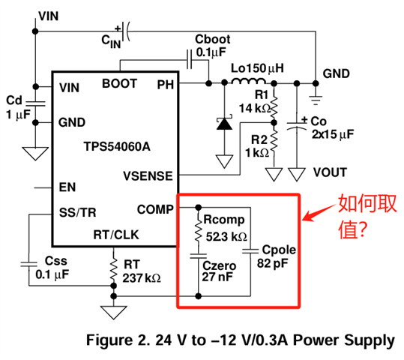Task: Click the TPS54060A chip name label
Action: click(x=117, y=146)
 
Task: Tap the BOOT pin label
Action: click(x=119, y=83)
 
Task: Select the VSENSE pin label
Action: click(x=148, y=176)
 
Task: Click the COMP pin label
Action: click(x=155, y=209)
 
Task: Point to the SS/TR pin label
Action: click(x=77, y=213)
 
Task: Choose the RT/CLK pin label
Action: click(x=116, y=235)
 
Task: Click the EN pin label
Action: click(x=67, y=187)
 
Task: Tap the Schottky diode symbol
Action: click(x=224, y=123)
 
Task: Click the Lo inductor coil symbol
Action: click(x=248, y=81)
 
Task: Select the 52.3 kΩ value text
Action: click(x=226, y=237)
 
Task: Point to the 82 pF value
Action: click(x=272, y=263)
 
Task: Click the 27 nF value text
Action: click(x=217, y=277)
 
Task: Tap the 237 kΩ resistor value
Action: click(x=142, y=278)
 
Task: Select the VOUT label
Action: click(x=330, y=172)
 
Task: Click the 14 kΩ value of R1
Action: click(x=255, y=108)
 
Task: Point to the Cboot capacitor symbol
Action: click(x=190, y=60)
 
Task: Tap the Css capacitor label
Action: click(x=56, y=261)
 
